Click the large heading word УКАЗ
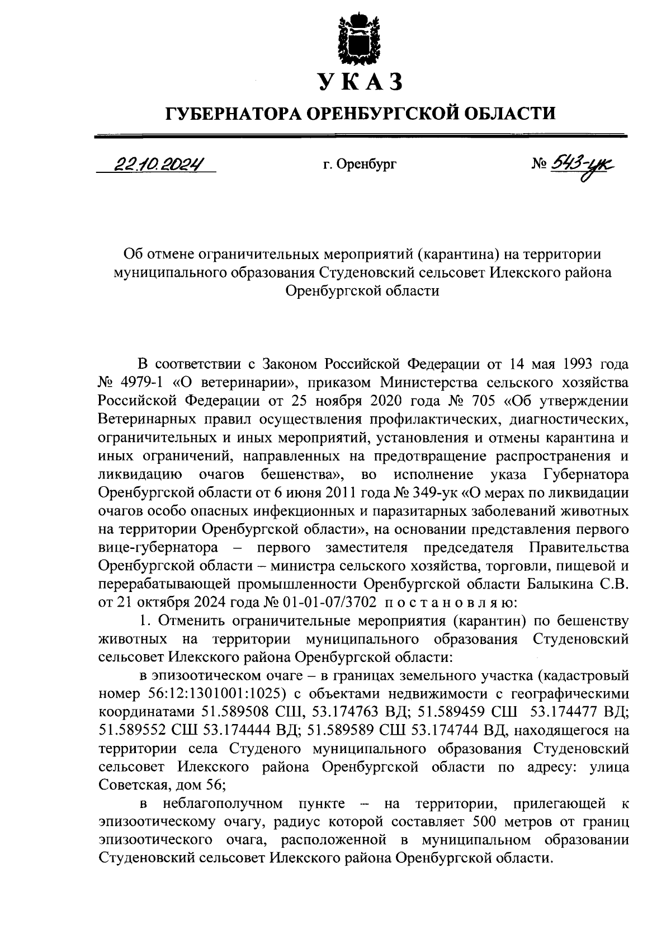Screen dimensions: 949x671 [x=360, y=82]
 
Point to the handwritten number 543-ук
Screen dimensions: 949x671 [x=582, y=164]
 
